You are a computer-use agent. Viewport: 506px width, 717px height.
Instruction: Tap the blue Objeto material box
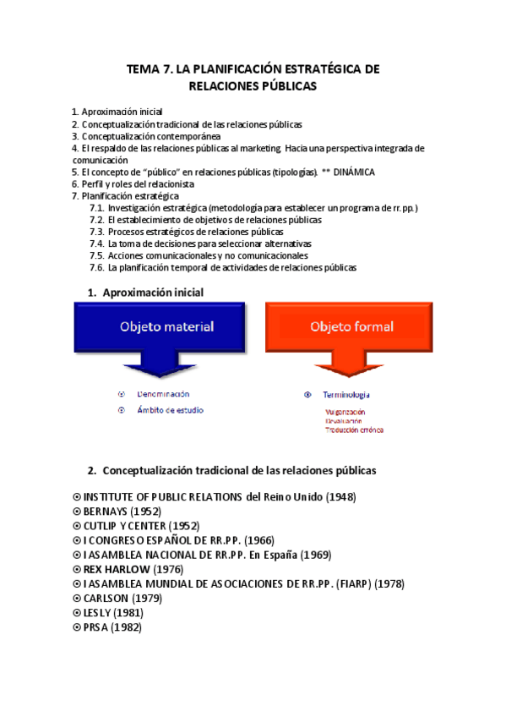coord(166,326)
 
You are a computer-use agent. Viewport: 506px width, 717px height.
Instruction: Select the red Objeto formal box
coord(345,326)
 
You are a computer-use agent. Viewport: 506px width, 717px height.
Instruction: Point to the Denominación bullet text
coord(162,394)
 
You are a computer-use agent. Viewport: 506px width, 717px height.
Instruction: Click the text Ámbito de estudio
coord(171,410)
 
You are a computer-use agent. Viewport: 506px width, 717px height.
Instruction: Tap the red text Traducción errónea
coord(354,430)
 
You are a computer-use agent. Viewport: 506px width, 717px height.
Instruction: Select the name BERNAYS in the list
coord(107,512)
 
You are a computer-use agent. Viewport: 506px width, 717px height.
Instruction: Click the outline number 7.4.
coord(97,244)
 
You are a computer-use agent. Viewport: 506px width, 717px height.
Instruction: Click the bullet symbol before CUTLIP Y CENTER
coord(77,526)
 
